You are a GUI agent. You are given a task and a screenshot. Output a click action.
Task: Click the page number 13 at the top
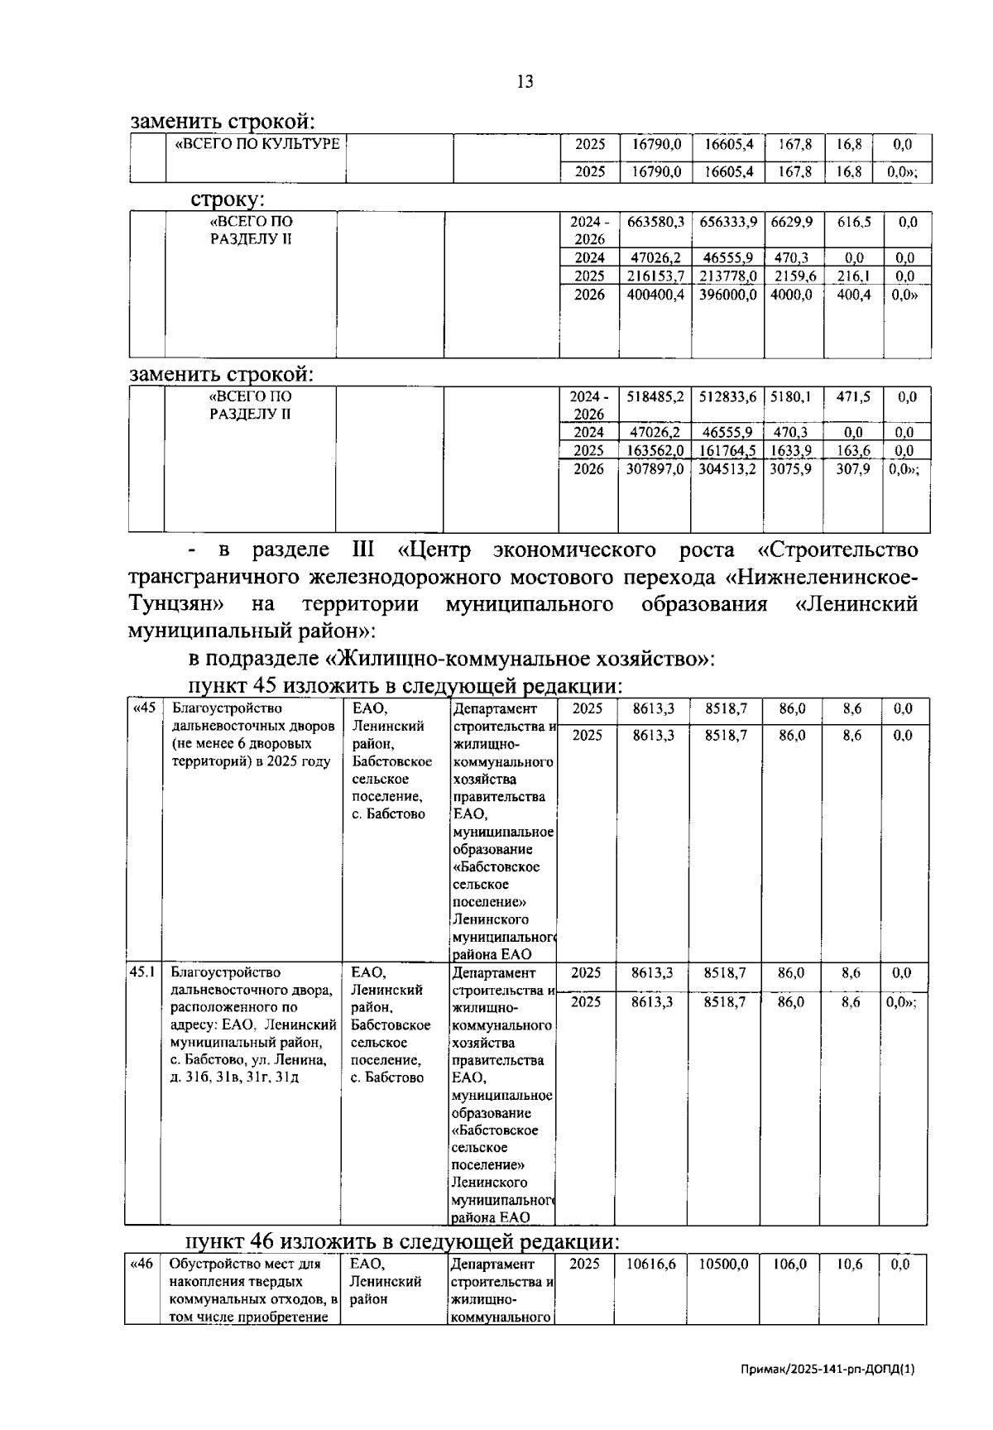[x=525, y=81]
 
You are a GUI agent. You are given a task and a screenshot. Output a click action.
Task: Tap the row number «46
[x=142, y=1264]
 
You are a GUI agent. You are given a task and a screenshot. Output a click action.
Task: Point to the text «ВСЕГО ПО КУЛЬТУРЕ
[x=257, y=144]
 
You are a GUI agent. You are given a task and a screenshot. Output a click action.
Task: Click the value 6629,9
[x=792, y=223]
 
